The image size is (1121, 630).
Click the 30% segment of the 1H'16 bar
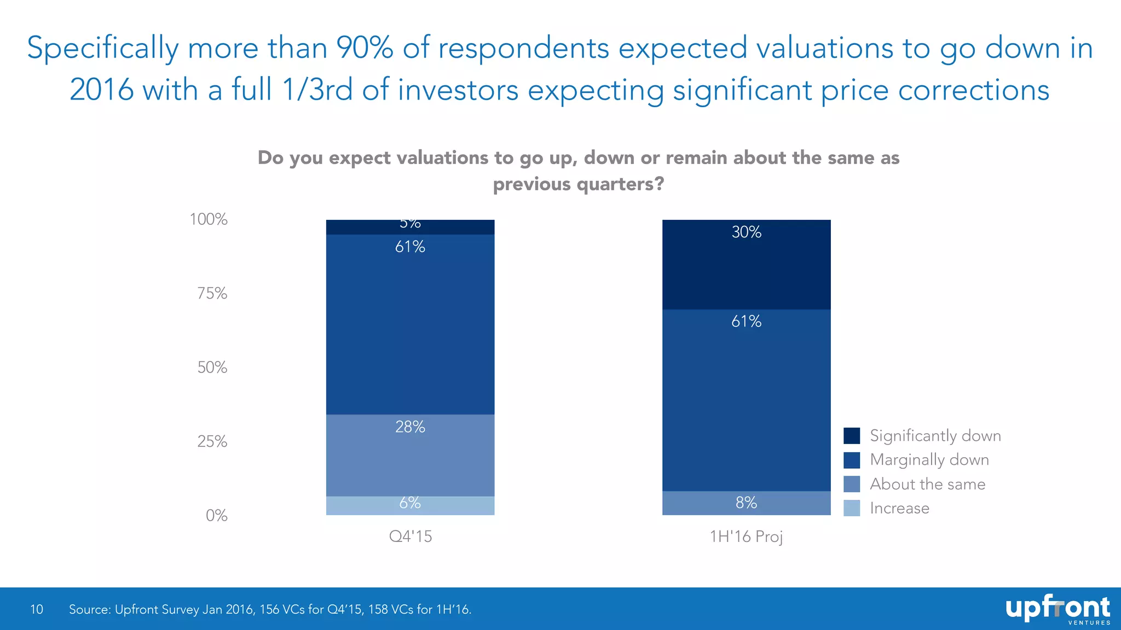(x=746, y=265)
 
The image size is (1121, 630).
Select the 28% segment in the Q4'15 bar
(x=410, y=455)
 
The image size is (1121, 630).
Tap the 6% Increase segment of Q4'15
(x=410, y=505)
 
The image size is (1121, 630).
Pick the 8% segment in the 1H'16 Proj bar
(x=746, y=503)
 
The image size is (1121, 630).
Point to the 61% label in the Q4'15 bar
(x=410, y=247)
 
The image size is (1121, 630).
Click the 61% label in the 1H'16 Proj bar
(x=746, y=322)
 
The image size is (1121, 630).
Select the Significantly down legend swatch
(x=852, y=436)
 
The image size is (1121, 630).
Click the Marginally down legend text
(x=929, y=460)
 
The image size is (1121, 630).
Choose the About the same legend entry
(x=927, y=484)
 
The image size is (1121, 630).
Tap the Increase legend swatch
(x=852, y=508)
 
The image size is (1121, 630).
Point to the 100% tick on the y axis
(x=209, y=220)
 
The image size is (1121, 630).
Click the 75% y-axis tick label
(x=212, y=294)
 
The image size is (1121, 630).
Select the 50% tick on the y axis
(x=212, y=367)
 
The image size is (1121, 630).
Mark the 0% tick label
(x=216, y=516)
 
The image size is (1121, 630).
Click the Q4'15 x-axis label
(x=410, y=536)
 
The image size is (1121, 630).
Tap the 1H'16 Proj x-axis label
(x=746, y=536)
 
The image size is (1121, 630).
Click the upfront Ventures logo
(x=1058, y=610)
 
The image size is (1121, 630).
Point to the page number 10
(x=37, y=609)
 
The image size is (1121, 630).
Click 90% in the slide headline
(x=365, y=48)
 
